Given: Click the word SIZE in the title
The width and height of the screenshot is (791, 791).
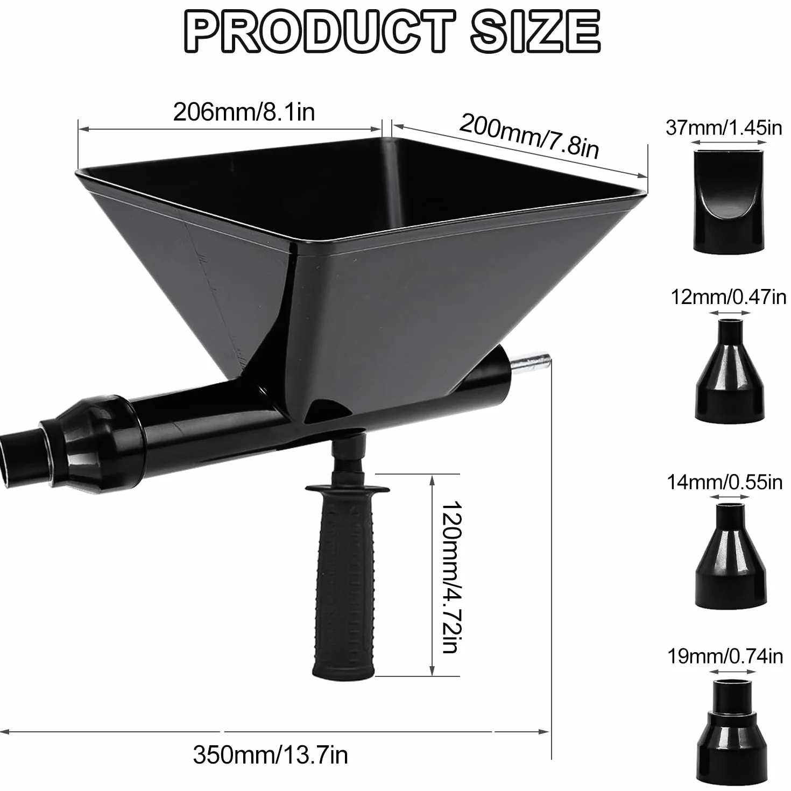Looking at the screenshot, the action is (536, 31).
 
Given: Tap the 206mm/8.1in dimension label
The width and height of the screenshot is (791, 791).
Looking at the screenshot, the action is (244, 111).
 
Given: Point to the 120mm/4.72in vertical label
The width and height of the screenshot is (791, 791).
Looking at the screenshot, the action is (452, 577).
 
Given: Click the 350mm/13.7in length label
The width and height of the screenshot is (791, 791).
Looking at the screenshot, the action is (270, 754).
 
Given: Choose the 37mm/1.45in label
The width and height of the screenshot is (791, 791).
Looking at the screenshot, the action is (724, 128).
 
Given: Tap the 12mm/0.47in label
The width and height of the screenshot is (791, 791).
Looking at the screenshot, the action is (729, 297).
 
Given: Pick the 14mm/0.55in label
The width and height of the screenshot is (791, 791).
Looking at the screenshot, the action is (724, 482).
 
